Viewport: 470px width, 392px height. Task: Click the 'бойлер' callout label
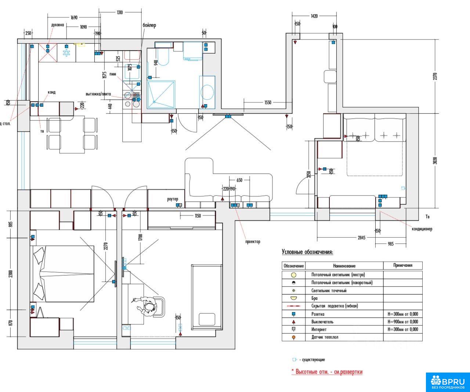(149, 25)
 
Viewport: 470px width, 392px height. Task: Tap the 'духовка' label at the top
(58, 25)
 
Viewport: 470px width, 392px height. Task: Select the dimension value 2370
(435, 76)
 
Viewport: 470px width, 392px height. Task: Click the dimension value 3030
(435, 161)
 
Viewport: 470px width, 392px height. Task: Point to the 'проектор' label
(253, 242)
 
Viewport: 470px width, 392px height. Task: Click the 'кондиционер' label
(422, 229)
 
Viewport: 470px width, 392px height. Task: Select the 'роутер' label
(173, 199)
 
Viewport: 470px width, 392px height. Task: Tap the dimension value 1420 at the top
(314, 16)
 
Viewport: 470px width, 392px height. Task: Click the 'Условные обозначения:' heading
(307, 252)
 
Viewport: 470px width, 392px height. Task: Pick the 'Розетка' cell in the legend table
(318, 314)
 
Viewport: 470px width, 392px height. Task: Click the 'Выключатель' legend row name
(322, 322)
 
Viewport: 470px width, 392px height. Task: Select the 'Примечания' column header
(402, 265)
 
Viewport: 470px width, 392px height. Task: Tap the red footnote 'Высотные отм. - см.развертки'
(327, 372)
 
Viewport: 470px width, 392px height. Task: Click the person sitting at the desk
(149, 306)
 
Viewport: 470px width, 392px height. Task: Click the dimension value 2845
(361, 238)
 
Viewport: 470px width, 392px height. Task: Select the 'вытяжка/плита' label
(98, 94)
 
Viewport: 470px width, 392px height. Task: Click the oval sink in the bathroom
(207, 92)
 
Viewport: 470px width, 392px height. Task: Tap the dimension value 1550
(268, 102)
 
